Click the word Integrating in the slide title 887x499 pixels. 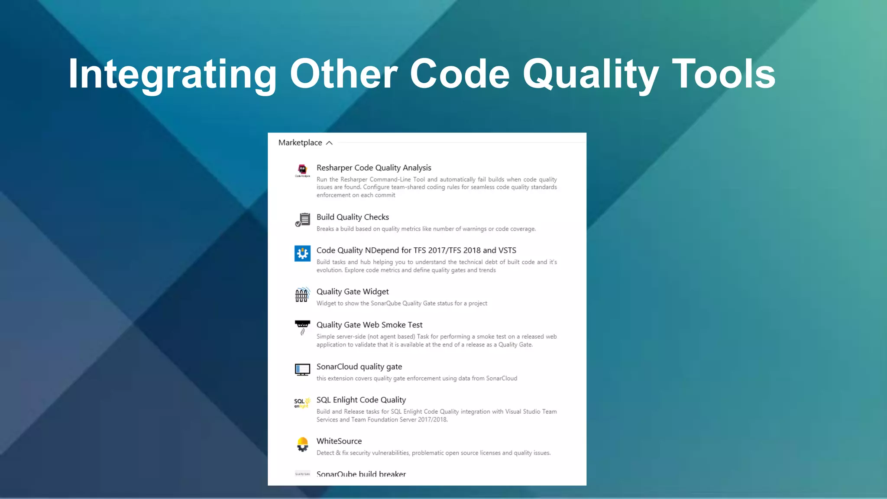click(x=172, y=75)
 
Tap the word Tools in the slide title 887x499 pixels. click(x=723, y=75)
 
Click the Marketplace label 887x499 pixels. click(x=300, y=143)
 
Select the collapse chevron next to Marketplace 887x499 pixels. click(x=329, y=143)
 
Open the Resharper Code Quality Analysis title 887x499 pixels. click(x=374, y=168)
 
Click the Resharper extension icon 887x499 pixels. click(x=302, y=170)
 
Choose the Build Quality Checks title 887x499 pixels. click(x=353, y=217)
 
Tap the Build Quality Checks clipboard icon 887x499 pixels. click(x=302, y=220)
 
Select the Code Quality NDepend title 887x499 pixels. click(x=416, y=250)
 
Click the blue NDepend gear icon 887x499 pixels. click(x=302, y=253)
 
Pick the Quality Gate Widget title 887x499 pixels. click(x=353, y=292)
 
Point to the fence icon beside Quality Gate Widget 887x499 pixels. click(x=302, y=295)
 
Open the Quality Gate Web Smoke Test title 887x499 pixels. click(x=369, y=325)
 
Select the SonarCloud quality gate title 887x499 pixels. click(x=359, y=367)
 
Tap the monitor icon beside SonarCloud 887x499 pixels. click(x=302, y=369)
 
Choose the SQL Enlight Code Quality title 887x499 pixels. click(x=361, y=400)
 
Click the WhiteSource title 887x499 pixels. click(x=339, y=441)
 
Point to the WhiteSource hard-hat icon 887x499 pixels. click(x=302, y=444)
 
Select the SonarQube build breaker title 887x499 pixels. click(x=361, y=474)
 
